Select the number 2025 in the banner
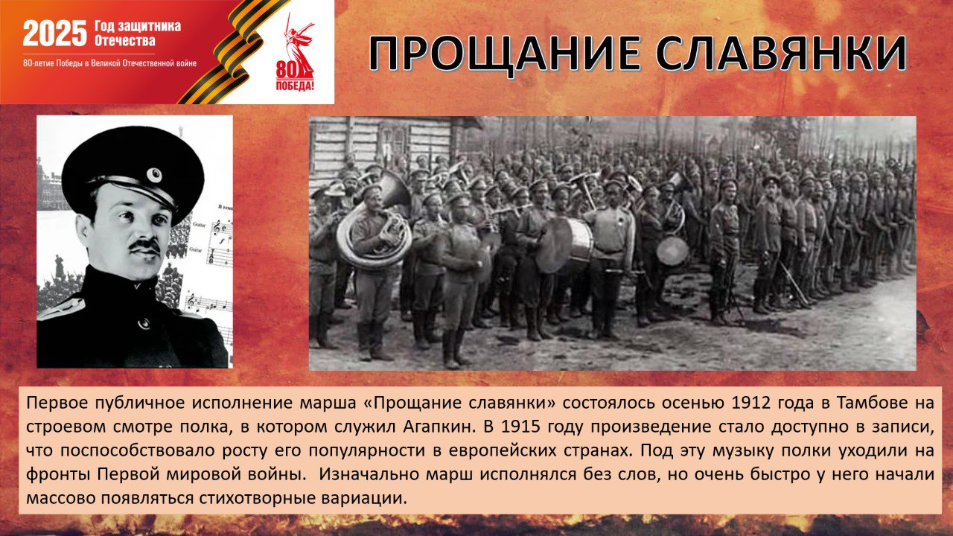click(x=55, y=33)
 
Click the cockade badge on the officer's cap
click(x=153, y=175)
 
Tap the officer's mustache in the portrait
click(x=144, y=246)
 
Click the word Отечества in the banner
click(x=124, y=41)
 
